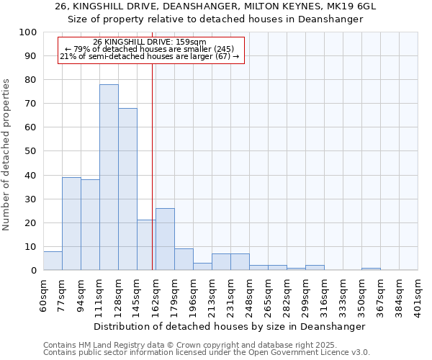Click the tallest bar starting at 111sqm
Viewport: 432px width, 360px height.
click(109, 177)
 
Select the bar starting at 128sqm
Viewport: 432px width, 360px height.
click(127, 189)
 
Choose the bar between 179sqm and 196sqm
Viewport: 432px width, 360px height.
click(184, 259)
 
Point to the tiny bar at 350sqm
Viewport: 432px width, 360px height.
click(371, 269)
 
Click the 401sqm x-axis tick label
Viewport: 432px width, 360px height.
click(418, 294)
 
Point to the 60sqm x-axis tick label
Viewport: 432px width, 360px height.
click(43, 293)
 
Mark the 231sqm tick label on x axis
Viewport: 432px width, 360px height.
click(230, 294)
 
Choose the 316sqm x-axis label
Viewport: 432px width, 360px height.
click(324, 294)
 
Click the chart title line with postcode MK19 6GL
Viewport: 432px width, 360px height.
click(215, 6)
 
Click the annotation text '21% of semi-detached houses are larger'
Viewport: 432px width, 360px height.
click(150, 56)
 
